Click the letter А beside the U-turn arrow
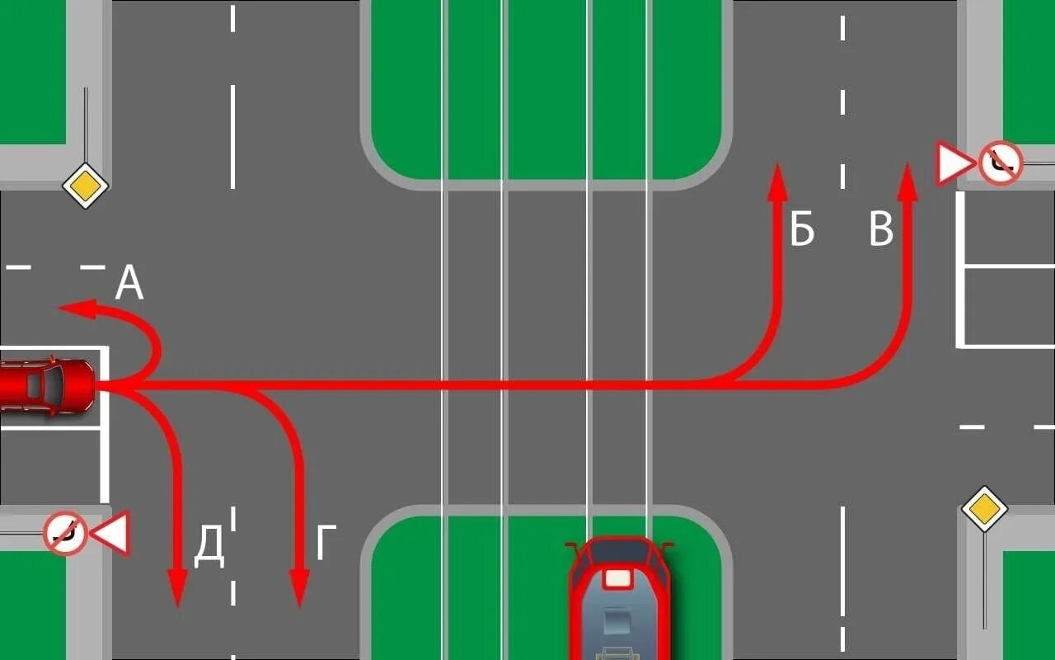coord(129,284)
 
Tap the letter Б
coord(802,230)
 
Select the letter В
coord(881,230)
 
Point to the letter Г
coord(326,544)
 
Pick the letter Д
coord(209,548)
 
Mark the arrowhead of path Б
coord(776,181)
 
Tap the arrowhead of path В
coord(907,181)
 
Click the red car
coord(45,385)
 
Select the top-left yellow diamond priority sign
coord(86,185)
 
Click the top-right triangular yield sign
coord(954,164)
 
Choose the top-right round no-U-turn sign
coord(1000,163)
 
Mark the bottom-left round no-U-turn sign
coord(65,533)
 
